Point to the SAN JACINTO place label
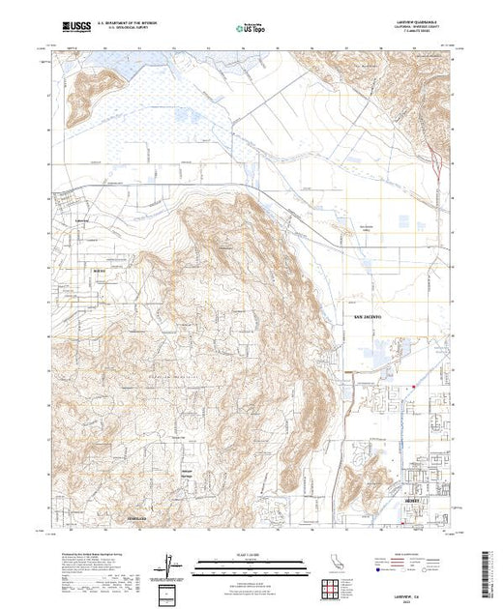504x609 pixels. tap(367, 316)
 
